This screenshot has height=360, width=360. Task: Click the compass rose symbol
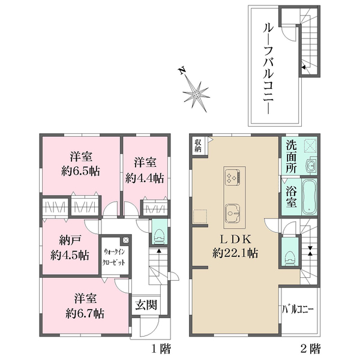click(196, 94)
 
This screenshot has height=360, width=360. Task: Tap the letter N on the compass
click(182, 70)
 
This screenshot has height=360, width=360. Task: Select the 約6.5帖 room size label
click(80, 171)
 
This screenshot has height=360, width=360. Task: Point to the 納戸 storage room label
click(70, 241)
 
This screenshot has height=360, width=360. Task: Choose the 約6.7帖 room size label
click(85, 313)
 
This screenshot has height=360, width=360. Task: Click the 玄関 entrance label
click(146, 305)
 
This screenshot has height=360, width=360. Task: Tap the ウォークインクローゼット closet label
click(114, 257)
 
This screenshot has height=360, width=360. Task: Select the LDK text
click(236, 239)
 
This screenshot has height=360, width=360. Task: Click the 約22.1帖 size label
click(235, 253)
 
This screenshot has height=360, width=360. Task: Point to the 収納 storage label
click(198, 146)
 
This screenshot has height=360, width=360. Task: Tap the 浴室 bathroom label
click(291, 197)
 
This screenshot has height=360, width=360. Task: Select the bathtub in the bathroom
click(310, 197)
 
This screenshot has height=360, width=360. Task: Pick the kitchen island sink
click(233, 213)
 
